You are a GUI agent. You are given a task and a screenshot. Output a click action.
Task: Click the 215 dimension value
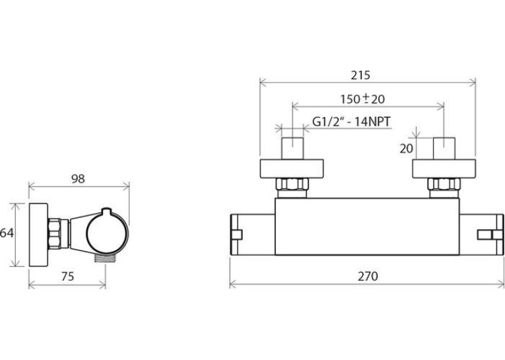[x=360, y=75]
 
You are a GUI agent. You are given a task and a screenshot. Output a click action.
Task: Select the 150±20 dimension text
[x=362, y=98]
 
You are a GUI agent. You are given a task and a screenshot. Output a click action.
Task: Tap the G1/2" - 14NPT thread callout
[x=351, y=122]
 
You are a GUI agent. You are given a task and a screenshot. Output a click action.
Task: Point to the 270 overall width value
[x=368, y=277]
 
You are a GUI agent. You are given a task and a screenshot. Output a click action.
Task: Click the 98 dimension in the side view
[x=78, y=179]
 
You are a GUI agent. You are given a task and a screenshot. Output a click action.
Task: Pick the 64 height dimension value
[x=7, y=233]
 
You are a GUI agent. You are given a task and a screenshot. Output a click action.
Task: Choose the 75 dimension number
[x=67, y=277]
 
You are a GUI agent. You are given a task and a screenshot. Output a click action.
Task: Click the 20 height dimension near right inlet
[x=406, y=149]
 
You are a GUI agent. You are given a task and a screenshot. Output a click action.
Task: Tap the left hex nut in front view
[x=292, y=184]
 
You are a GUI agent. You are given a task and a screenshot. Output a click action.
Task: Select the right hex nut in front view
[x=444, y=184]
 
